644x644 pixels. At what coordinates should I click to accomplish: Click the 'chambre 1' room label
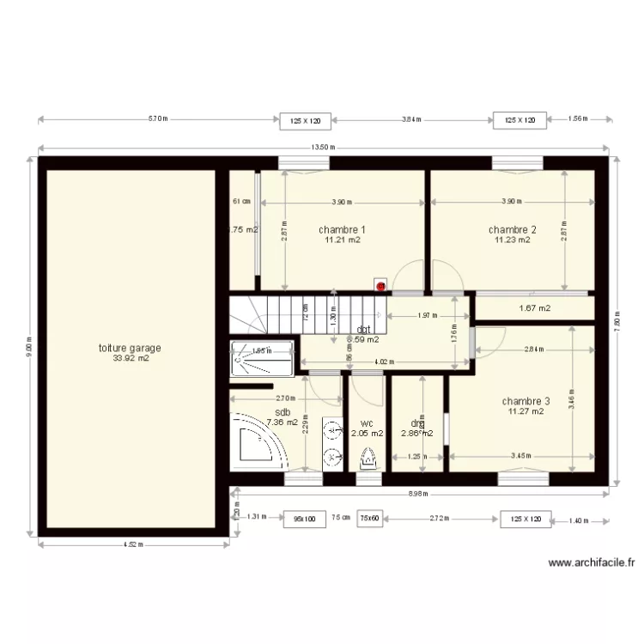pos(342,229)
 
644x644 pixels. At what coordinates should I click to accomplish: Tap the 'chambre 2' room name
pos(512,229)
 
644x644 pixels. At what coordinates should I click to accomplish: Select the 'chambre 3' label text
pos(526,401)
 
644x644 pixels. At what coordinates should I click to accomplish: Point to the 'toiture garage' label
pos(131,349)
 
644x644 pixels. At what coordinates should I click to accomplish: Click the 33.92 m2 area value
pos(131,359)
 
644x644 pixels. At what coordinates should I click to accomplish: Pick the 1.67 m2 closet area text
pos(535,308)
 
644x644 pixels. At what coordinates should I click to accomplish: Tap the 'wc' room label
pos(367,423)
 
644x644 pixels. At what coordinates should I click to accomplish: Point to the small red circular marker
pos(379,286)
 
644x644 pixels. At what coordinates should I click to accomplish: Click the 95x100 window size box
pos(305,519)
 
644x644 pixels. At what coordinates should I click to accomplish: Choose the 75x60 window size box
pos(370,519)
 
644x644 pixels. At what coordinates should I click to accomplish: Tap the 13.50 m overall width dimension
pos(323,148)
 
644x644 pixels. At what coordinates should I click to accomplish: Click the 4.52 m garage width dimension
pos(133,544)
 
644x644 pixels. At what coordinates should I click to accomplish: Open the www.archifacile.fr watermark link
pos(591,563)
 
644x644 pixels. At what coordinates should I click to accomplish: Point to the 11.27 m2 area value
pos(526,411)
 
